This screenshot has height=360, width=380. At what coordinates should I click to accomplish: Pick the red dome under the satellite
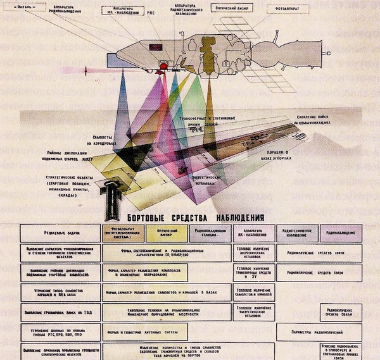click(163, 66)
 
